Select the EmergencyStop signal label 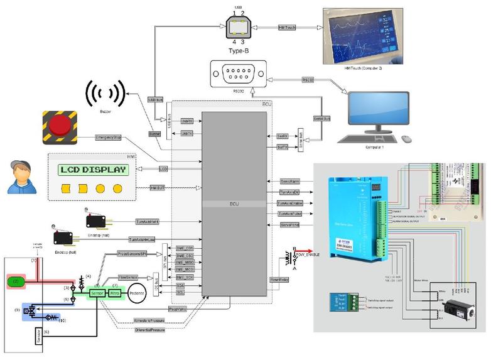click(108, 137)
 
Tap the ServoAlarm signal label click(289, 181)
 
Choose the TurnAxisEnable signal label click(289, 204)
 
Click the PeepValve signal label click(178, 309)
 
